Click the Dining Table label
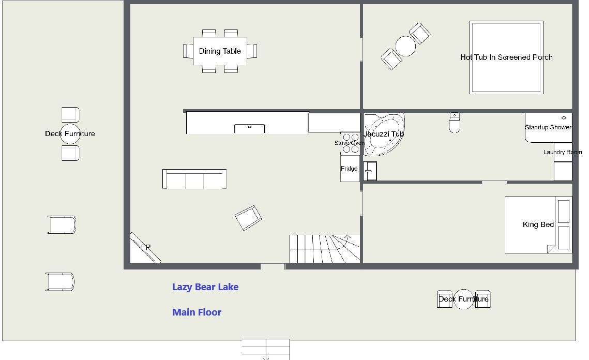click(x=220, y=51)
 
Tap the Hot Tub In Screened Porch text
click(x=506, y=57)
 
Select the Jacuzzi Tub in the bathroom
click(x=384, y=134)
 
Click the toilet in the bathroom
click(x=455, y=123)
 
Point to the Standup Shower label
click(x=548, y=127)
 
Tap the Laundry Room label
click(x=562, y=152)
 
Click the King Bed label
click(x=538, y=224)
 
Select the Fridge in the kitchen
click(x=350, y=169)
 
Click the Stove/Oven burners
click(x=350, y=143)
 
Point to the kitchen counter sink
click(x=250, y=128)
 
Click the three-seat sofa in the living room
click(x=194, y=179)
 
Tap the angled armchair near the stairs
click(x=248, y=218)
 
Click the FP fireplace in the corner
click(x=145, y=248)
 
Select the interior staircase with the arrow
click(x=325, y=249)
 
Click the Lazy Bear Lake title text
click(x=205, y=287)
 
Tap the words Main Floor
click(x=197, y=312)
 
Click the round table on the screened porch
click(x=406, y=46)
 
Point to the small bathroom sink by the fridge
click(x=370, y=171)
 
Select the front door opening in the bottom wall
click(x=273, y=266)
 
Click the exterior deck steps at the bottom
click(x=266, y=349)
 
